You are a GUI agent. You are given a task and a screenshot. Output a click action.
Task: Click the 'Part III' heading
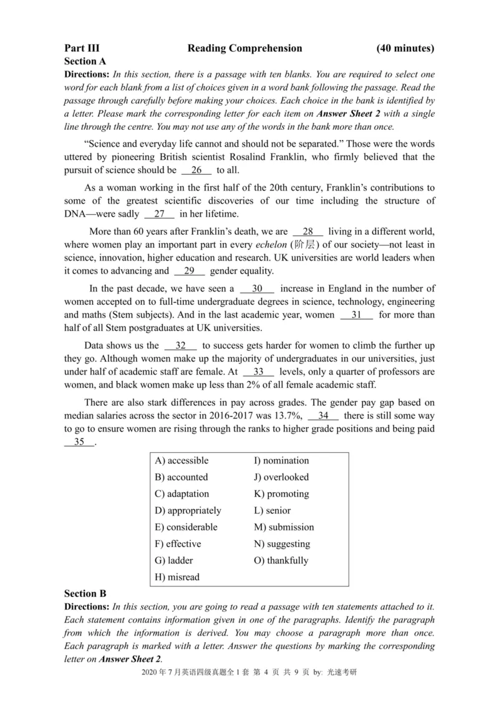(x=82, y=48)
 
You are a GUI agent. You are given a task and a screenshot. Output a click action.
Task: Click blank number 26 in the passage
(x=196, y=170)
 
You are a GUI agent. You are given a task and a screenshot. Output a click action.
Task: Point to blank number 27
(x=159, y=214)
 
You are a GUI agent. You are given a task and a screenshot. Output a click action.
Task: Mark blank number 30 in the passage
(x=257, y=289)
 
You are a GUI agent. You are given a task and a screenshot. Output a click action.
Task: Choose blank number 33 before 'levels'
(x=258, y=372)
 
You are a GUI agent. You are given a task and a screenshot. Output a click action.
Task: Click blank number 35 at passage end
(x=79, y=442)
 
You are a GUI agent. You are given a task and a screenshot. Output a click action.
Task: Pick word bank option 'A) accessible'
(x=182, y=461)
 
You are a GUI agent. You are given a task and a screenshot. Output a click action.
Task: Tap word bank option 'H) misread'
(x=177, y=577)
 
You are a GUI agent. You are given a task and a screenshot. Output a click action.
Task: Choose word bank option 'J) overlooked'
(x=281, y=477)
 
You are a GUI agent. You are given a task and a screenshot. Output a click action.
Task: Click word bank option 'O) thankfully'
(x=281, y=560)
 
